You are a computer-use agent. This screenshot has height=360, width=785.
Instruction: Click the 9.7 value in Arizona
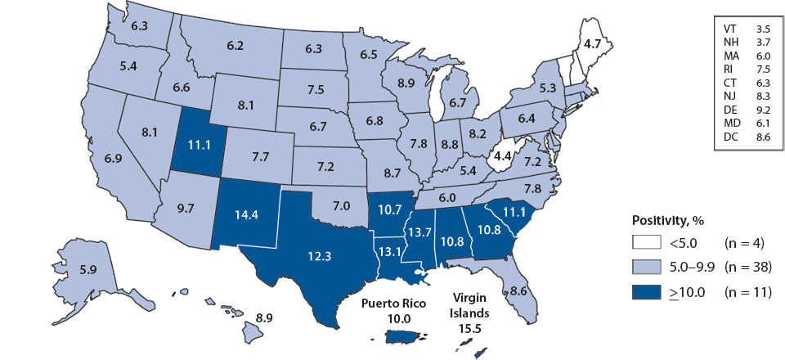tap(186, 208)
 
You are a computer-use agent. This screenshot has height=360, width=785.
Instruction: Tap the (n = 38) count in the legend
tap(750, 266)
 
